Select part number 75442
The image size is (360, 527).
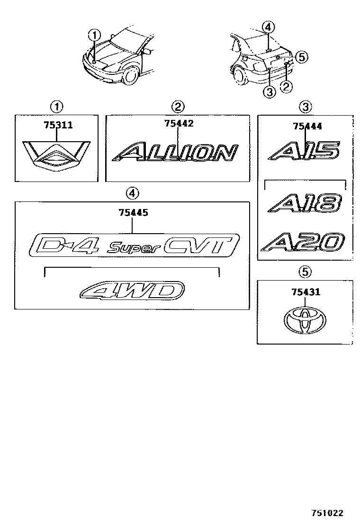pos(179,123)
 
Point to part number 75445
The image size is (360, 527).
pos(133,213)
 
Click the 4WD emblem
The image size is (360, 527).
pos(133,290)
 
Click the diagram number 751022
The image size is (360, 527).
pos(327,513)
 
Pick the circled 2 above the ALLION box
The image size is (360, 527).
pos(178,106)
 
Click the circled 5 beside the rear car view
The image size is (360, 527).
pos(302,57)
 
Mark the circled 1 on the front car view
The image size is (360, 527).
pos(95,35)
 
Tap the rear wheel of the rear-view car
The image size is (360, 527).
pos(239,76)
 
